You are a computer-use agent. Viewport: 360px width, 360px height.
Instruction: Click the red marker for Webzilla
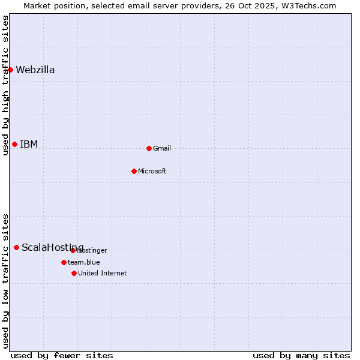point(10,70)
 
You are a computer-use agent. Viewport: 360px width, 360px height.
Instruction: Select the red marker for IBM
point(14,144)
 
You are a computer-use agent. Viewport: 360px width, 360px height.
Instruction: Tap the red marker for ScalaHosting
point(16,247)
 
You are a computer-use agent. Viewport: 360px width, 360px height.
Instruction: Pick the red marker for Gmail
point(149,148)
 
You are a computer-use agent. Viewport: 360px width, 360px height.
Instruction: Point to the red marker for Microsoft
point(134,171)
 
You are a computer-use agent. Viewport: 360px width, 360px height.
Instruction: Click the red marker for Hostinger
point(73,250)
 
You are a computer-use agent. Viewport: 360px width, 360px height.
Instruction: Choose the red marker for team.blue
point(64,262)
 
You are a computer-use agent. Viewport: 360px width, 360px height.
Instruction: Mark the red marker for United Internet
point(74,273)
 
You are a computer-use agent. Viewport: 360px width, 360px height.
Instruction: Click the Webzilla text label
point(35,70)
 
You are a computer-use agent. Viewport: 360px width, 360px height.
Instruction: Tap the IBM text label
point(29,144)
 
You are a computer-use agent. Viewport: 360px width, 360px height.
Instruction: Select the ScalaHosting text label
point(53,247)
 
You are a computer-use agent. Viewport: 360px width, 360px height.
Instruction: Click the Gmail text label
point(162,148)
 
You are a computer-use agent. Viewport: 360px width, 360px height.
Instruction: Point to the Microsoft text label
point(152,171)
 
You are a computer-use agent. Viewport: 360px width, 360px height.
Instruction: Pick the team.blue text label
point(84,262)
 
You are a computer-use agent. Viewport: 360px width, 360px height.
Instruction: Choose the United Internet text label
point(103,273)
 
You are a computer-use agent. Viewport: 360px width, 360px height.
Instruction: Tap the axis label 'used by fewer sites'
point(62,355)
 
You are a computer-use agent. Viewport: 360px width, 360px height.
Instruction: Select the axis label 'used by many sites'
point(301,355)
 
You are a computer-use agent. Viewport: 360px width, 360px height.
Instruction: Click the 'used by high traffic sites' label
point(5,85)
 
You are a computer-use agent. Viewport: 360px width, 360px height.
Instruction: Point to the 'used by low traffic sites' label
point(5,280)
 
